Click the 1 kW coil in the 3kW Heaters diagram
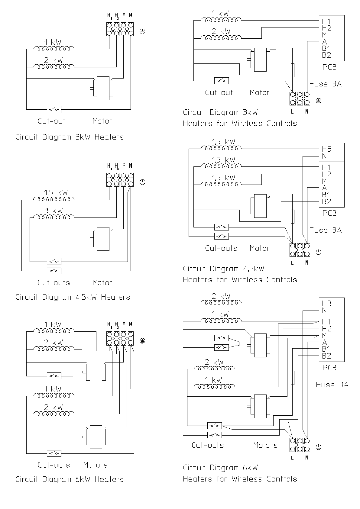pyautogui.click(x=54, y=48)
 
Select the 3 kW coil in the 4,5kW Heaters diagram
pyautogui.click(x=54, y=217)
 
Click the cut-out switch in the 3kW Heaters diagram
pyautogui.click(x=54, y=110)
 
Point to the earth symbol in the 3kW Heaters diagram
pyautogui.click(x=142, y=31)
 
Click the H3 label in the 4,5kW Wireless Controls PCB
pyautogui.click(x=326, y=149)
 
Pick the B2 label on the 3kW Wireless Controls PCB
pyautogui.click(x=326, y=55)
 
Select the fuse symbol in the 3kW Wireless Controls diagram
pyautogui.click(x=293, y=70)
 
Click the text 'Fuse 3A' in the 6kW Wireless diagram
pyautogui.click(x=332, y=385)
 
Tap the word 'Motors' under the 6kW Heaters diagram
pyautogui.click(x=95, y=465)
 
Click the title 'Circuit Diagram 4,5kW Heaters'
pyautogui.click(x=73, y=297)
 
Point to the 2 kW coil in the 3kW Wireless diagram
pyautogui.click(x=221, y=37)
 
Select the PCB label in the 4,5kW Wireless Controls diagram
pyautogui.click(x=329, y=213)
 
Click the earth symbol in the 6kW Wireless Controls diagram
pyautogui.click(x=319, y=447)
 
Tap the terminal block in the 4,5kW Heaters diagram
pyautogui.click(x=120, y=180)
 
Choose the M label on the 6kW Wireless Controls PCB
pyautogui.click(x=325, y=336)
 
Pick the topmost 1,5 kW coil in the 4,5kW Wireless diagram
pyautogui.click(x=221, y=148)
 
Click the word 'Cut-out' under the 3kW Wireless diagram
pyautogui.click(x=219, y=92)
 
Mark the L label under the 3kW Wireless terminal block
pyautogui.click(x=293, y=111)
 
